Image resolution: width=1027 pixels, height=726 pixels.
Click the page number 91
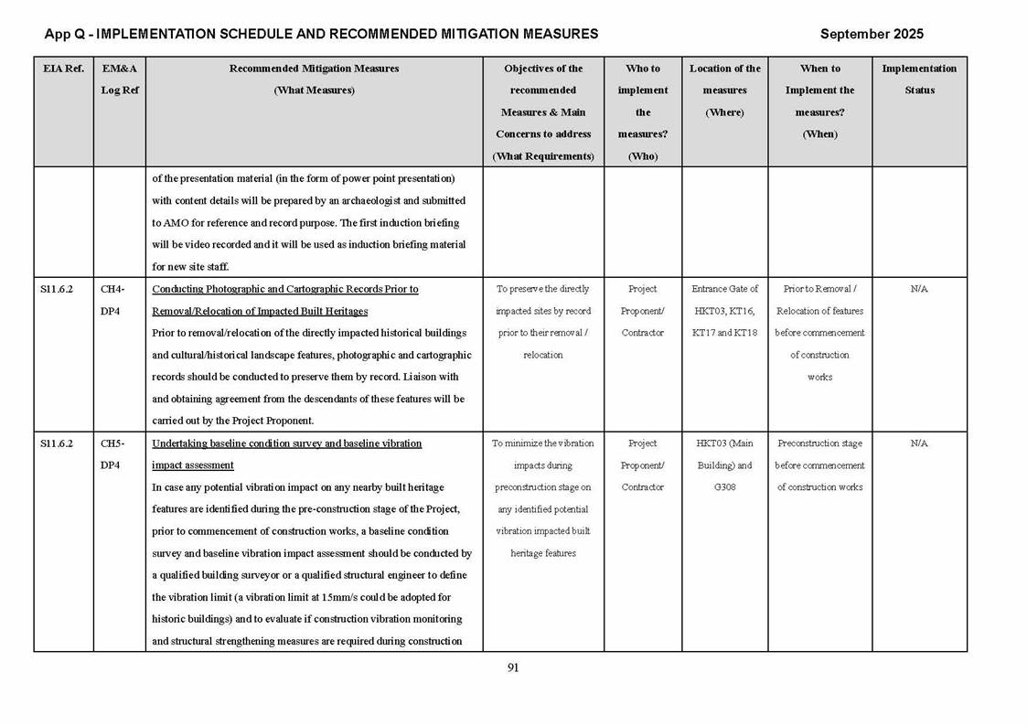tap(513, 667)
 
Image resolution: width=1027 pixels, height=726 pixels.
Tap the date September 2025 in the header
tap(872, 34)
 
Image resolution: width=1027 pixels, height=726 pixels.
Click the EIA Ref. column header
tap(63, 69)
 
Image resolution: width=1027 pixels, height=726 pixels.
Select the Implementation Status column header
tap(919, 80)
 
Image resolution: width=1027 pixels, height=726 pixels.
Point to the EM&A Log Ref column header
tap(119, 80)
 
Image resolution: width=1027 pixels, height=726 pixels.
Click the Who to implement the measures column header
tap(643, 112)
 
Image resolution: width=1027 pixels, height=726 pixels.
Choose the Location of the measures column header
tap(724, 90)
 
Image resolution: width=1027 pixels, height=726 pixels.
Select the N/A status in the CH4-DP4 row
tap(919, 289)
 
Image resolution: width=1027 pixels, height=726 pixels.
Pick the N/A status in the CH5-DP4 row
tap(919, 443)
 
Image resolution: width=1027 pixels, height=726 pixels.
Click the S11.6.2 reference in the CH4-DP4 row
tap(57, 289)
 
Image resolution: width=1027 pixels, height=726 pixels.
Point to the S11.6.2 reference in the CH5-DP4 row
tap(57, 443)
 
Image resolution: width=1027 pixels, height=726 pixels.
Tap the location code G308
tap(724, 487)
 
